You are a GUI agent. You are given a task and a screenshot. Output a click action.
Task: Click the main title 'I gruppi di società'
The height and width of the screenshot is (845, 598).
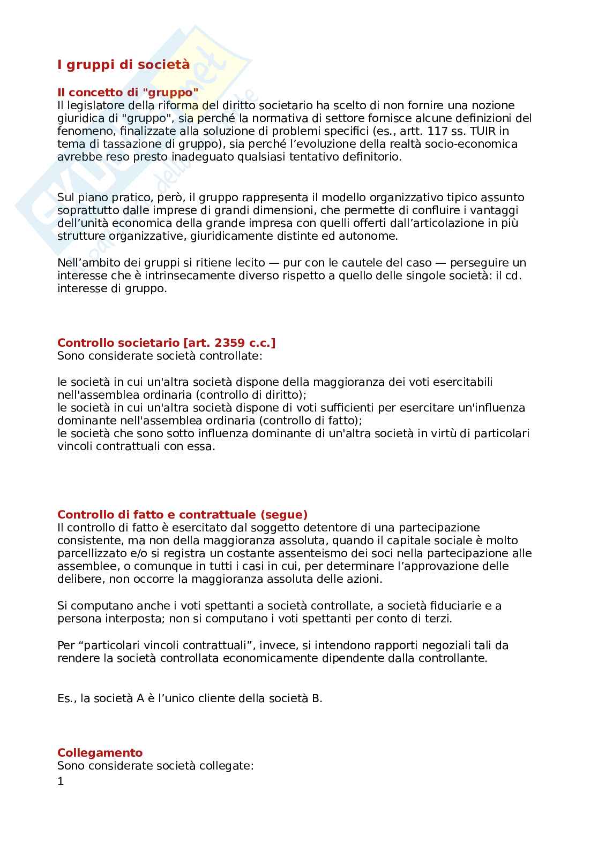point(123,65)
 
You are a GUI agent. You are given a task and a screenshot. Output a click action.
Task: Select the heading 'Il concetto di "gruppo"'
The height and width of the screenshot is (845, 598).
point(128,92)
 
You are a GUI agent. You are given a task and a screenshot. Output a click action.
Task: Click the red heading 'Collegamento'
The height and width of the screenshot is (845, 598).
point(100,753)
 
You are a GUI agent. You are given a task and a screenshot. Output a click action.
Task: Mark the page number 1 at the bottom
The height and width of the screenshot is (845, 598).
point(61,782)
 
